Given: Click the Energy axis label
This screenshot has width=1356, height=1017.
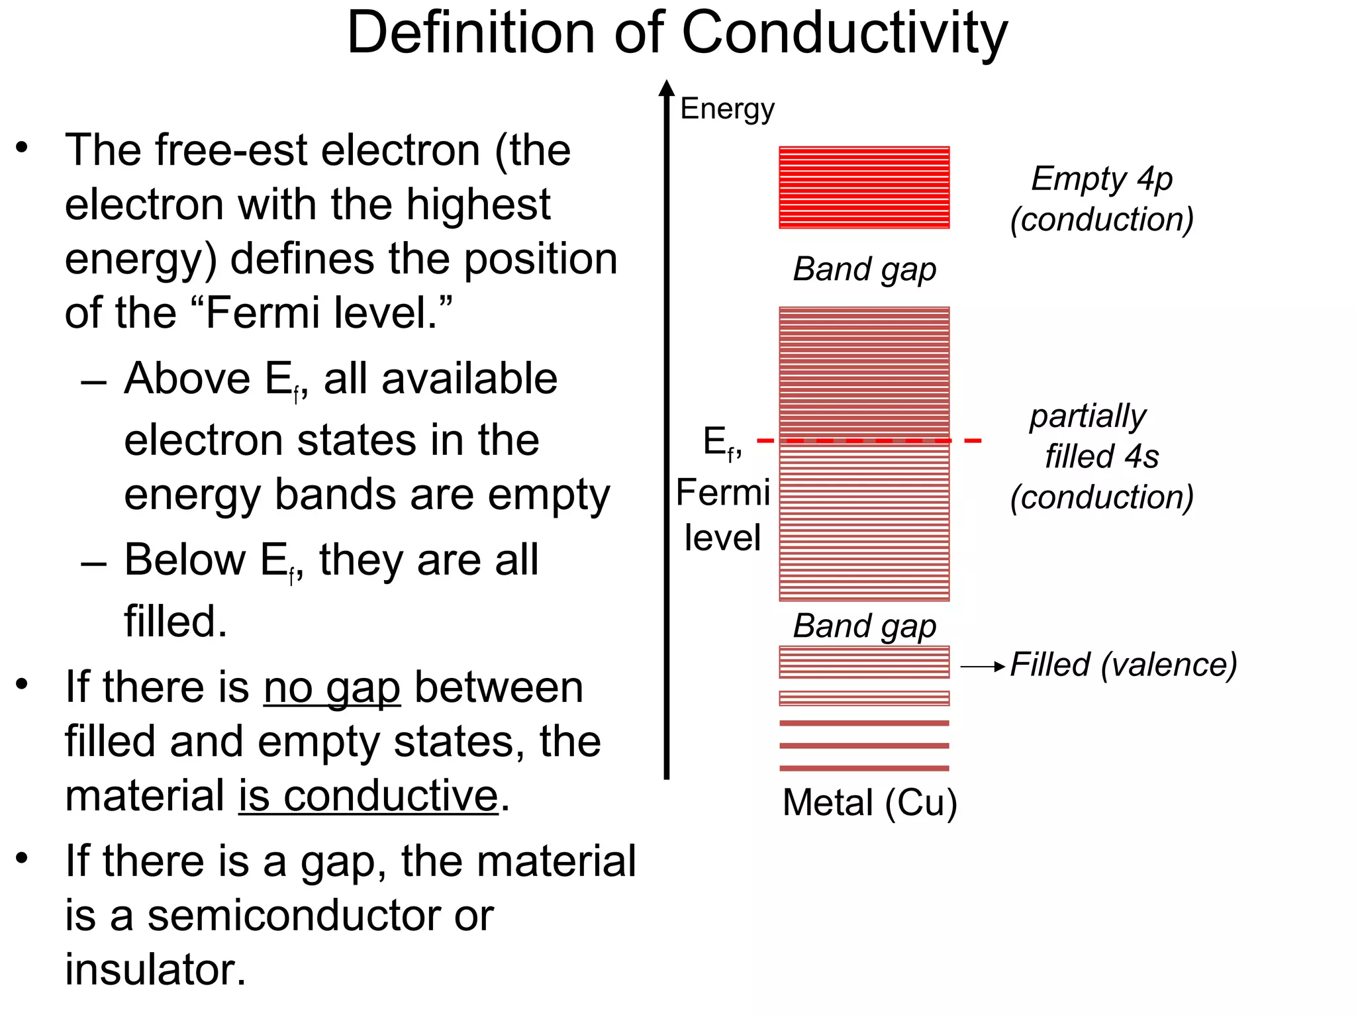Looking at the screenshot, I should point(727,109).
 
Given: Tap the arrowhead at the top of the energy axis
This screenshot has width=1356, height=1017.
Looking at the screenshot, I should point(667,88).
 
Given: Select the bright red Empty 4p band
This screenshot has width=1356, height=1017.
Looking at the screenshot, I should point(864,187).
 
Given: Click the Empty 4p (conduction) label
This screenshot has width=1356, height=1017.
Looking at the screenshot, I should point(1102,199).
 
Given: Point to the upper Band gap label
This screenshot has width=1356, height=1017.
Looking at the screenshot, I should point(864,269).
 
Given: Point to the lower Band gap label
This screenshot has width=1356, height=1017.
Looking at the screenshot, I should point(864,626).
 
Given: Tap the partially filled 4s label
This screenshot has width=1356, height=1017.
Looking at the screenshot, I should point(1102,457).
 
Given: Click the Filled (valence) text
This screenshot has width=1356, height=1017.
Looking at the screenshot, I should point(1124,664).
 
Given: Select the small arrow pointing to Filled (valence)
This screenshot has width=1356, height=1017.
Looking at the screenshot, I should point(983,667).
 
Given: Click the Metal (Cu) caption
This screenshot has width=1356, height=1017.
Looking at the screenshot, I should point(869,802).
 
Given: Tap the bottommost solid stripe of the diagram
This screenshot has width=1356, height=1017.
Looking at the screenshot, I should point(864,768).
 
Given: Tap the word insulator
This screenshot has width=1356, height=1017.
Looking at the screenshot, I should point(156,970).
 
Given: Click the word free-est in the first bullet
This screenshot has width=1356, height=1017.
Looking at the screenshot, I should point(232,150).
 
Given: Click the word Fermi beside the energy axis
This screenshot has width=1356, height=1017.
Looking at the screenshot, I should point(723,493).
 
